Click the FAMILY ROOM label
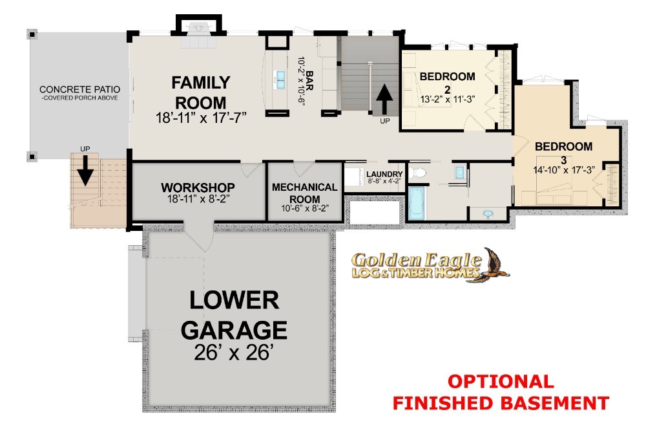click(201, 92)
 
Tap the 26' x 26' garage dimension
click(234, 353)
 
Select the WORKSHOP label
click(198, 188)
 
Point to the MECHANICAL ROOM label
click(304, 193)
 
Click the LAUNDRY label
click(384, 174)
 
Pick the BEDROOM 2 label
click(448, 83)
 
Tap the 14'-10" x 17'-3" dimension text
click(564, 170)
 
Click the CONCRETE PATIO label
click(80, 89)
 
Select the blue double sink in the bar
click(280, 80)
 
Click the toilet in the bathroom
click(418, 172)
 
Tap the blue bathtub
click(417, 204)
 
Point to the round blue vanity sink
click(488, 214)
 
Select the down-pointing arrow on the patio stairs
click(85, 170)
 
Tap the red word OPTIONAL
click(501, 382)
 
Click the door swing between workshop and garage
click(199, 237)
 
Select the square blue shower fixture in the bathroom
click(460, 172)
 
